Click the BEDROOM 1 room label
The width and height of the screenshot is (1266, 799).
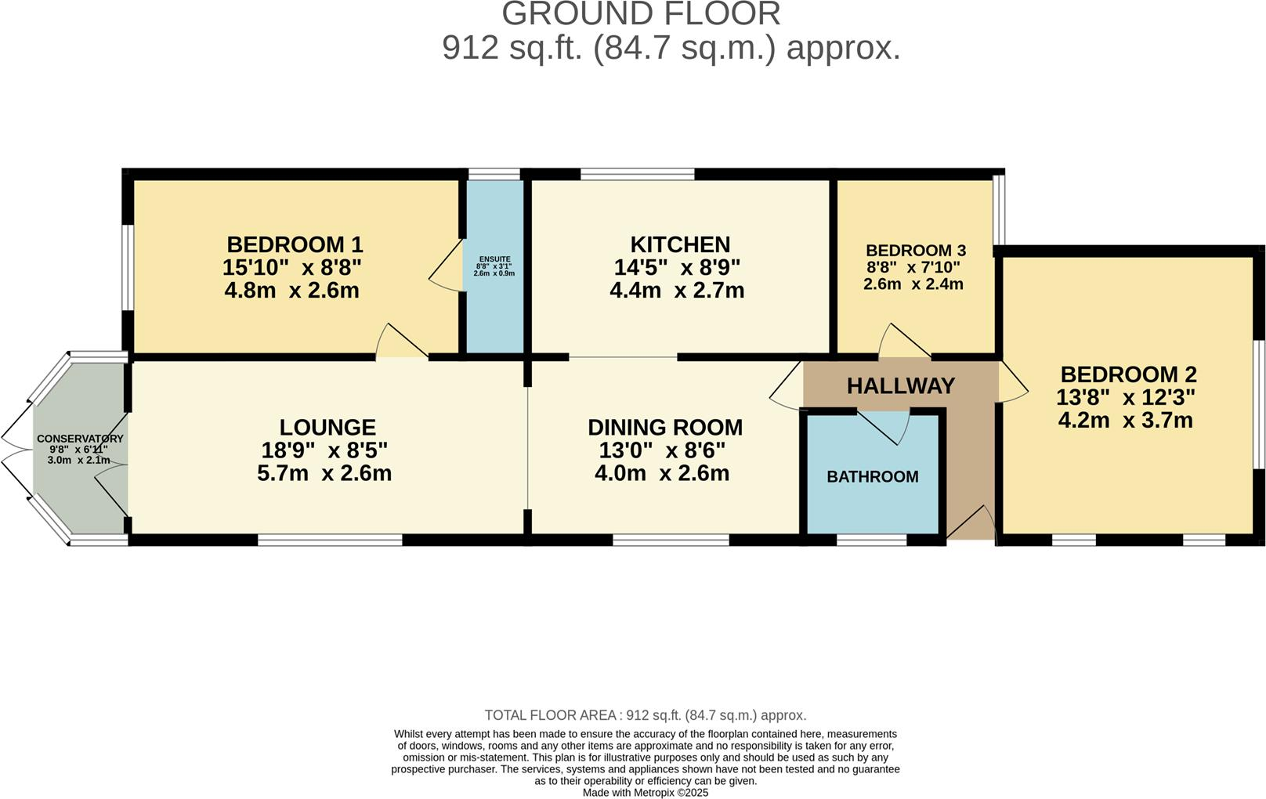pyautogui.click(x=295, y=244)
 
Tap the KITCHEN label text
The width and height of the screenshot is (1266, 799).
pyautogui.click(x=680, y=244)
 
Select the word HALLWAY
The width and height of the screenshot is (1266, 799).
pyautogui.click(x=901, y=385)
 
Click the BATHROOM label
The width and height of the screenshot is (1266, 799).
pyautogui.click(x=873, y=476)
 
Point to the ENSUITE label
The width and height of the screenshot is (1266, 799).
pyautogui.click(x=494, y=259)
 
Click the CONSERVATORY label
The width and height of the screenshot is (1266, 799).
pyautogui.click(x=80, y=439)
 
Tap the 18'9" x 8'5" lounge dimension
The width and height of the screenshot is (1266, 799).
pyautogui.click(x=324, y=450)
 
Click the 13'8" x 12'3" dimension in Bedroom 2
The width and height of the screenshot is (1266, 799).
pyautogui.click(x=1128, y=397)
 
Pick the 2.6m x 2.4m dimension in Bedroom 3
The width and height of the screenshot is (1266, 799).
pyautogui.click(x=913, y=284)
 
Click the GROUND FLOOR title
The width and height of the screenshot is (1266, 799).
pyautogui.click(x=641, y=14)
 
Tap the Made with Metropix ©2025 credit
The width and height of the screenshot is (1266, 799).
pyautogui.click(x=646, y=793)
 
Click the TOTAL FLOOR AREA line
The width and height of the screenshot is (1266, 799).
pyautogui.click(x=646, y=715)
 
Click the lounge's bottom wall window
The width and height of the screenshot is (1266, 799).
pyautogui.click(x=330, y=540)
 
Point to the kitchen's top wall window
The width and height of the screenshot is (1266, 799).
pyautogui.click(x=637, y=174)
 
